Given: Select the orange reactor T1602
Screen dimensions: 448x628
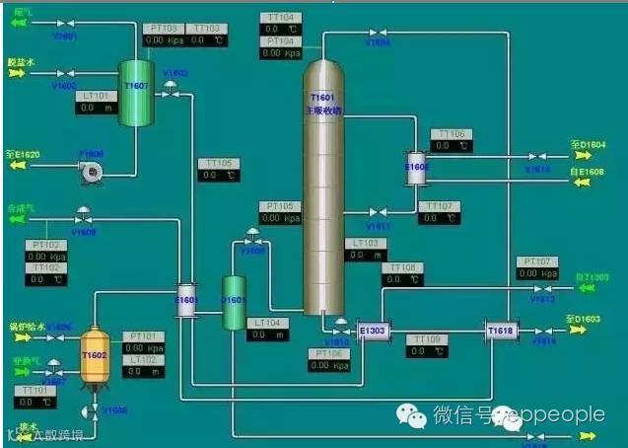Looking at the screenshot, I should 95,354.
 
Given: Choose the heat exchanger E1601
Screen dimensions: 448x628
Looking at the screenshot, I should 186,300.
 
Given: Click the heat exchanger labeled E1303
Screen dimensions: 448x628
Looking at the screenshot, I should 374,331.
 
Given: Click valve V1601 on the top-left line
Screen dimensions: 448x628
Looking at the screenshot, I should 66,22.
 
